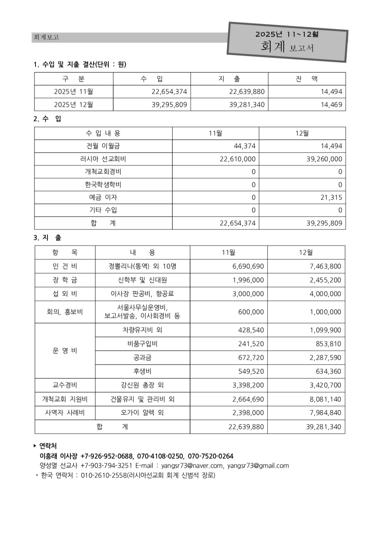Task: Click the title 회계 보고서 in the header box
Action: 287,47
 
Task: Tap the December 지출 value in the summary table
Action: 247,105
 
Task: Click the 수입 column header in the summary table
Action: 152,79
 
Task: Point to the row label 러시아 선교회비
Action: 103,159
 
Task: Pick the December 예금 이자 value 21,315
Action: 331,197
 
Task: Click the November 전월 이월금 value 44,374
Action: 244,146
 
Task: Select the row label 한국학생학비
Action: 103,185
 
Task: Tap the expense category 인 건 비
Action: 65,266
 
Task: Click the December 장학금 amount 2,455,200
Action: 325,280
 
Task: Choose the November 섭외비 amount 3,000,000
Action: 248,294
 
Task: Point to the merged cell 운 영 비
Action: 65,351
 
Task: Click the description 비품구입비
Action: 142,344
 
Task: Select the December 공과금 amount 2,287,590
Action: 325,358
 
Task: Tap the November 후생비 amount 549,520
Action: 251,371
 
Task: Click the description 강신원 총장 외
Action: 142,385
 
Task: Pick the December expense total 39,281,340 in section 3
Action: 323,427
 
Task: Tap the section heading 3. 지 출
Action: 48,238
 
